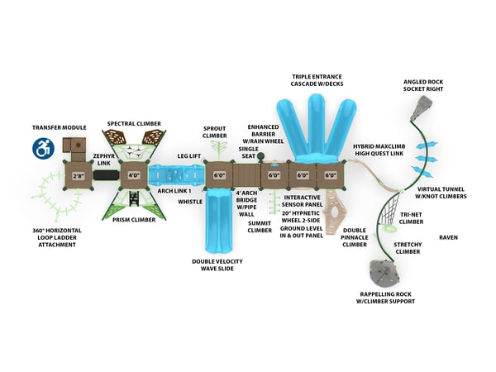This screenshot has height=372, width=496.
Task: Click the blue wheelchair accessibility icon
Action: tap(42, 148)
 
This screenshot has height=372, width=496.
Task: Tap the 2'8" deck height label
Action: tap(79, 175)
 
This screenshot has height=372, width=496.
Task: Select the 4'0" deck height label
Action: tap(133, 175)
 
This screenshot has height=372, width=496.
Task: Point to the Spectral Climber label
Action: tap(134, 124)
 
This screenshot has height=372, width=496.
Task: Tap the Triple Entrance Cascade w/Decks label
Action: tap(317, 80)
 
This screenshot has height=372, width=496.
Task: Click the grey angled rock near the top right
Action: tap(424, 105)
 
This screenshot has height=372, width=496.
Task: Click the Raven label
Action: tap(448, 237)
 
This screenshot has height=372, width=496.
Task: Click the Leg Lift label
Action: tap(189, 156)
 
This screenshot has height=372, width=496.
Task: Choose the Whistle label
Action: tap(190, 201)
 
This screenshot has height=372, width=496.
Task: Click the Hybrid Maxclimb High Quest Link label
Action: tap(379, 150)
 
